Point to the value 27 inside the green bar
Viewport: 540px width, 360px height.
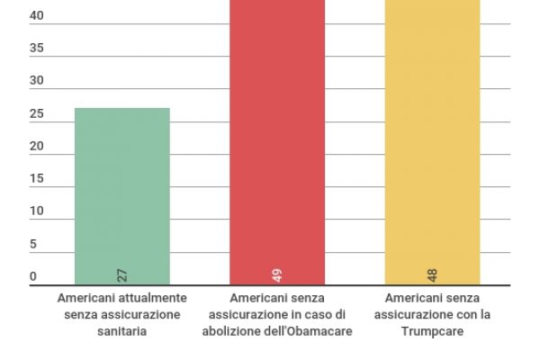pos(122,275)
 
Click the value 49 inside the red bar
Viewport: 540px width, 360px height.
pos(277,275)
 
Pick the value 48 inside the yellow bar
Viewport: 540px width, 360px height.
pos(433,275)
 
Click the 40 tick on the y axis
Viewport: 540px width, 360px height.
pos(37,16)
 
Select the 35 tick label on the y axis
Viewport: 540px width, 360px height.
pos(37,49)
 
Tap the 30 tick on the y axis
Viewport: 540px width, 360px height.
pos(37,81)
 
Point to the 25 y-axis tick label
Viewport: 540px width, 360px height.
pos(37,114)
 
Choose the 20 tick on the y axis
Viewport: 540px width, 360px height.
pos(37,147)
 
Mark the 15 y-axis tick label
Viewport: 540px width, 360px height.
pos(37,179)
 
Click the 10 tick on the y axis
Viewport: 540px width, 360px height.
pos(37,211)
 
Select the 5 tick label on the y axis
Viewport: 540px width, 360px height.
pos(33,244)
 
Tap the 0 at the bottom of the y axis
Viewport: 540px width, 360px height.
pos(33,276)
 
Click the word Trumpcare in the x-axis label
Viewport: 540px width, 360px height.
pos(433,331)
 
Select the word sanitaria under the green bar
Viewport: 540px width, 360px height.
pos(122,331)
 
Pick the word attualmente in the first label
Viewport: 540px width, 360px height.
pos(155,298)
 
